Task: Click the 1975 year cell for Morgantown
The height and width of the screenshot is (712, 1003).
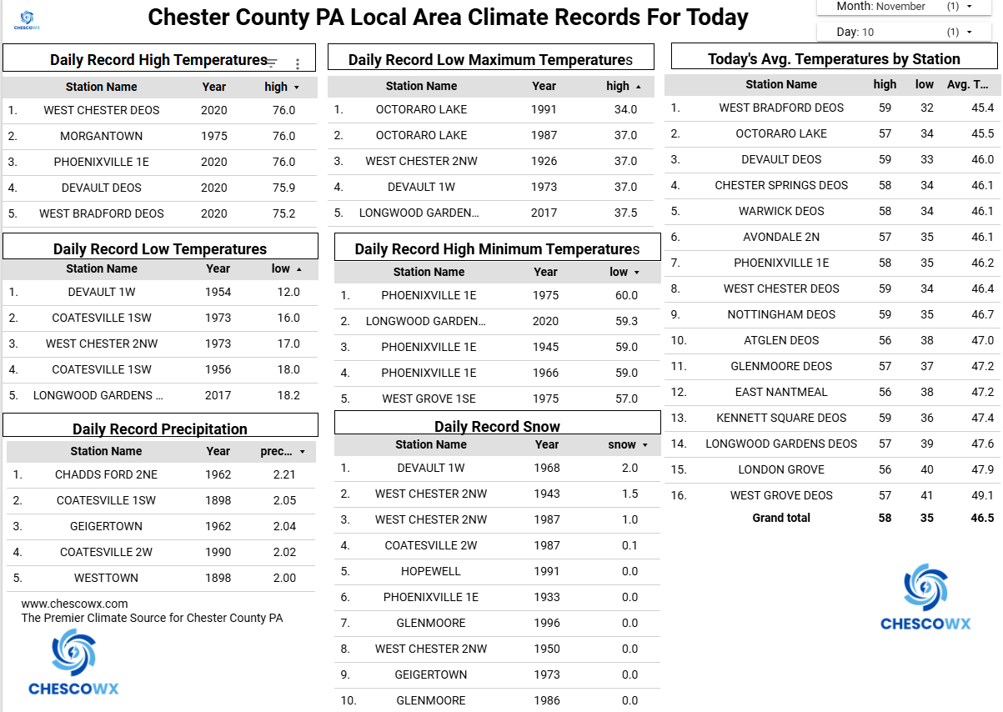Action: [x=213, y=136]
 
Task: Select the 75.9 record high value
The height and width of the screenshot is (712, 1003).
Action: [x=283, y=188]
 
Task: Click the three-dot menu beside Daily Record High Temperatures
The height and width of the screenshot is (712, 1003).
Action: [x=298, y=63]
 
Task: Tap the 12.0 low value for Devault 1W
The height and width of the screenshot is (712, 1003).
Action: [x=288, y=292]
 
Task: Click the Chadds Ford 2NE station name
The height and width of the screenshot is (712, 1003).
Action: [x=106, y=474]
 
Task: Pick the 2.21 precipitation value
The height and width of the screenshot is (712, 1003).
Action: [x=284, y=474]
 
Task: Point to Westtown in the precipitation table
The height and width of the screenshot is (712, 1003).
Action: [x=106, y=578]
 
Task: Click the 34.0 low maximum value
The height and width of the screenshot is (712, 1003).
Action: [x=625, y=109]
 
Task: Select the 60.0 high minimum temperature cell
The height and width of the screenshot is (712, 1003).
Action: [x=626, y=295]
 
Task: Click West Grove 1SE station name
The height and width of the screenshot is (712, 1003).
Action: [x=429, y=399]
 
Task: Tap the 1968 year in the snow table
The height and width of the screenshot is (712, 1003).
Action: [x=547, y=468]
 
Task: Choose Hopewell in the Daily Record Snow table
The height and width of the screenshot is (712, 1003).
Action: [x=430, y=571]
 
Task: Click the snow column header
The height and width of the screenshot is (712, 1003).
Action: [x=622, y=444]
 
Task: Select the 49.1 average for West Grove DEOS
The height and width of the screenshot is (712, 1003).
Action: [x=982, y=495]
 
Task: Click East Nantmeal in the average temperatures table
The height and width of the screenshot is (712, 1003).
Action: [x=781, y=392]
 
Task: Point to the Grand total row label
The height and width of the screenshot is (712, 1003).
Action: [x=781, y=518]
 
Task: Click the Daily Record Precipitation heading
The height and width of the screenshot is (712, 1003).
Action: [x=160, y=429]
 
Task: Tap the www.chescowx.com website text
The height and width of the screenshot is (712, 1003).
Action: [x=75, y=604]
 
